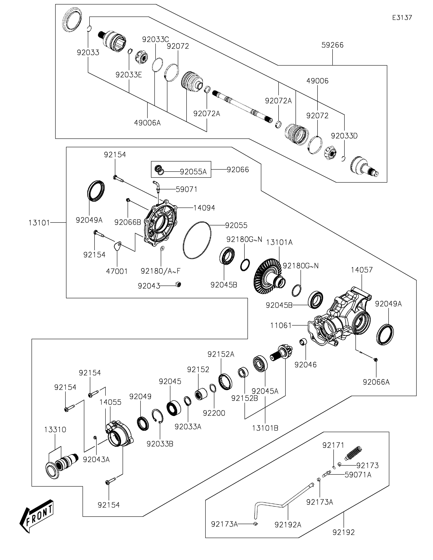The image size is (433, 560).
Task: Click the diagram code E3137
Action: click(x=402, y=18)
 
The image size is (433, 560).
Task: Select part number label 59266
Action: click(x=332, y=45)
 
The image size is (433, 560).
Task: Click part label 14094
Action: click(x=204, y=208)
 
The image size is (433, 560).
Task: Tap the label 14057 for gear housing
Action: click(x=362, y=270)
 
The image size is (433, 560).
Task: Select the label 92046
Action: click(x=306, y=365)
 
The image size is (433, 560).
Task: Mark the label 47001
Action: click(x=117, y=271)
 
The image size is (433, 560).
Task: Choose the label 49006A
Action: click(x=147, y=123)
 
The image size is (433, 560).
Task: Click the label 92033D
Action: click(x=344, y=136)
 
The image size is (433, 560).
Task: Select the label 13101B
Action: click(x=265, y=428)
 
